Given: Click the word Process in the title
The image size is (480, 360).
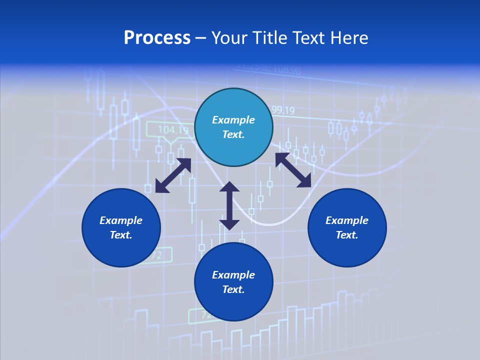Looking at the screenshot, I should [x=157, y=38].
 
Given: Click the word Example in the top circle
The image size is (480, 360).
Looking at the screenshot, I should [x=233, y=120].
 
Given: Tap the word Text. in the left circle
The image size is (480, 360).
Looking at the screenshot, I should [x=121, y=235].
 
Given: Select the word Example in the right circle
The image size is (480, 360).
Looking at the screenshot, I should [x=347, y=220].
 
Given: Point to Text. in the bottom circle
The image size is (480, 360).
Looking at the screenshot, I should [x=233, y=289].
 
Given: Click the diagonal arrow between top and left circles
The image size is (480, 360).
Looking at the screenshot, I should [x=173, y=175].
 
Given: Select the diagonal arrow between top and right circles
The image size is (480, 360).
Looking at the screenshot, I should [x=293, y=170].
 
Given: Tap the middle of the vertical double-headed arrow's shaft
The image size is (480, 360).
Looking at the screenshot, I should [x=229, y=205].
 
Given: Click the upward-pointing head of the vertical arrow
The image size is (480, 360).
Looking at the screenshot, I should [x=229, y=187].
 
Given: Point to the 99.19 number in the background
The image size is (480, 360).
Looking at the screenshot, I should [x=282, y=110].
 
